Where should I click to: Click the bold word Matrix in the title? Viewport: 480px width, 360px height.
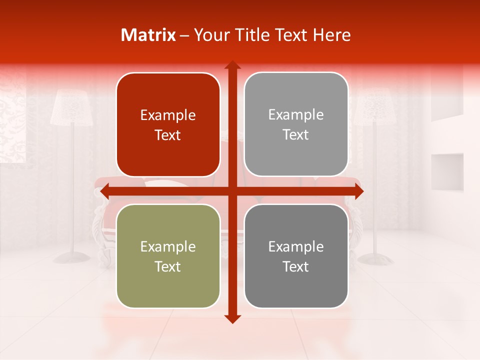tap(148, 35)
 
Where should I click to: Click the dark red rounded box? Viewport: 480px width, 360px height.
tap(168, 125)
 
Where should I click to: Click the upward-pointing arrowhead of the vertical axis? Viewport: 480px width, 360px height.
tap(232, 65)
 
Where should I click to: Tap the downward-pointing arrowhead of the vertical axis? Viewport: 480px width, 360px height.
tap(232, 318)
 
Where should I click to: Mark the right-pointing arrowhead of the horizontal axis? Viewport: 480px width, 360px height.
tap(358, 191)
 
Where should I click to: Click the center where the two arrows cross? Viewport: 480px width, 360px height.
tap(232, 191)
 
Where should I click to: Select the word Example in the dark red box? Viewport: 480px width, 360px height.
tap(168, 115)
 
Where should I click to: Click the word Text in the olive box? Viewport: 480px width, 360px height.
tap(168, 266)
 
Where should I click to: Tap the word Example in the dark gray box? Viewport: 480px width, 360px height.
tap(296, 246)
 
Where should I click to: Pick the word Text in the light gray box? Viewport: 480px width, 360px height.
tap(296, 134)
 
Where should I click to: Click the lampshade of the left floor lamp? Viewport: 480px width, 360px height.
tap(72, 107)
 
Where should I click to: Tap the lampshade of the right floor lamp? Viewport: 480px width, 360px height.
tap(372, 107)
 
